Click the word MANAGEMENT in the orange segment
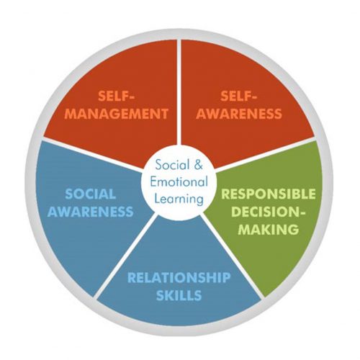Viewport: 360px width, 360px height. pos(117,114)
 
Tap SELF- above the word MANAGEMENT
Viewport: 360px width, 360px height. pos(117,96)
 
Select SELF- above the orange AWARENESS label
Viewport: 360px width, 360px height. pos(239,96)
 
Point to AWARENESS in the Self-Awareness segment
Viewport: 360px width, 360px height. pos(239,114)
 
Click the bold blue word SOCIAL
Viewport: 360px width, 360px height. pos(90,194)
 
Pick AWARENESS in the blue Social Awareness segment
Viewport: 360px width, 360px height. pos(90,212)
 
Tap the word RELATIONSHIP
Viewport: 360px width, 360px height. pos(179,278)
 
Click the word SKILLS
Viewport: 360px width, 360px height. pos(179,295)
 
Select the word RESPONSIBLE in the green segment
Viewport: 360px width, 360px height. pos(269,194)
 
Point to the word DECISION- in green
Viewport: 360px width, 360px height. pos(269,212)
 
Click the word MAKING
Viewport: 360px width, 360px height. pos(269,229)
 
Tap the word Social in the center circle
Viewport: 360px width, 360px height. pos(172,165)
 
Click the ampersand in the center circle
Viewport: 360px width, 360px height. pos(198,166)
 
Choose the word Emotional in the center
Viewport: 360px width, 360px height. pos(179,182)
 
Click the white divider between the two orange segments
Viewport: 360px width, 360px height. pos(179,92)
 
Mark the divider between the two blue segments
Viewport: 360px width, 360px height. pos(125,256)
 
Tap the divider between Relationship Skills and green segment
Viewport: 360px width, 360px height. pos(233,256)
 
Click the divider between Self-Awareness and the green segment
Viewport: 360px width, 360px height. pos(265,154)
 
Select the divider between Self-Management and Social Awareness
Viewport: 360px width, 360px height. pos(92,154)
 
